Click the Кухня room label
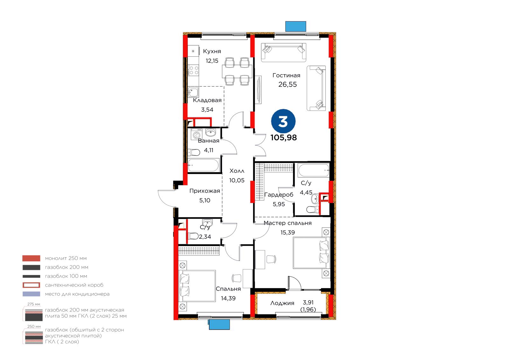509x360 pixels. [212, 51]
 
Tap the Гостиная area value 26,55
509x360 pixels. [288, 85]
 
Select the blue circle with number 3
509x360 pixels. [283, 121]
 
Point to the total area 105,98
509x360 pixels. [283, 138]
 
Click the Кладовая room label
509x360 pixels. [207, 100]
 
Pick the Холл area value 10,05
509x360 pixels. [237, 180]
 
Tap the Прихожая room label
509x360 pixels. [205, 191]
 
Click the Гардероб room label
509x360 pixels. [279, 195]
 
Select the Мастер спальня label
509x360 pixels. [288, 223]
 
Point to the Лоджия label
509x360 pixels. [282, 303]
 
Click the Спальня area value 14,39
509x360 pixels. [228, 298]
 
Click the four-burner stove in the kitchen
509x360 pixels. [193, 70]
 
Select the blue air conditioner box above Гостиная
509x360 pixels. [296, 26]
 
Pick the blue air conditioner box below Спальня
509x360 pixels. [219, 325]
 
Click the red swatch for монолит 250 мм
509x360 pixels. [31, 258]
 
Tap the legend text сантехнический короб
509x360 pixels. [74, 285]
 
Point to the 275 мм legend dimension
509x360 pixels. [34, 304]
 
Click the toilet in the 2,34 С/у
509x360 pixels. [193, 236]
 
